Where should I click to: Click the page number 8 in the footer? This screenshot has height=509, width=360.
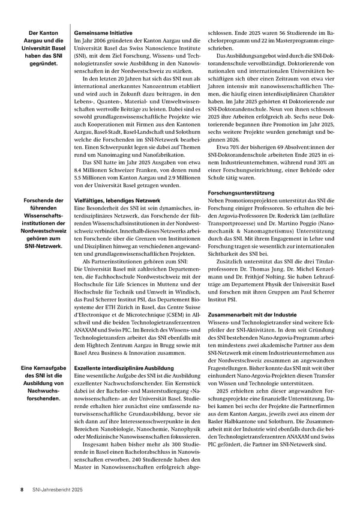click(x=22, y=490)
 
